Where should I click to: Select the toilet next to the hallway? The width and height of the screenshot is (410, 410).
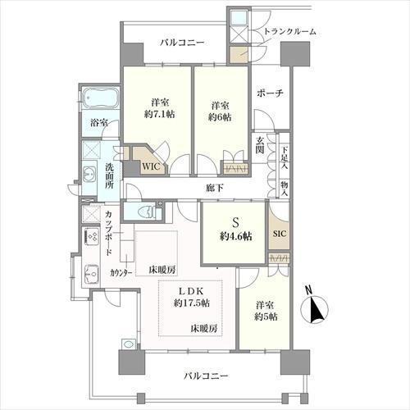tap(148, 212)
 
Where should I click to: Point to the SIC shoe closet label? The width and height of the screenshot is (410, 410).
tap(280, 234)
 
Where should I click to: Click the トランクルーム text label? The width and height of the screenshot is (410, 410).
tap(289, 32)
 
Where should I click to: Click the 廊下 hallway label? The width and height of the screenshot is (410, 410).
tap(215, 189)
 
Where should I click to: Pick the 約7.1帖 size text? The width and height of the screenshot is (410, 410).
tap(160, 115)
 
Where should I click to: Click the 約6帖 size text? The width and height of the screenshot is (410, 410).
tap(219, 117)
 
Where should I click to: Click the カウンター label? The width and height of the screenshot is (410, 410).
tap(121, 273)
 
